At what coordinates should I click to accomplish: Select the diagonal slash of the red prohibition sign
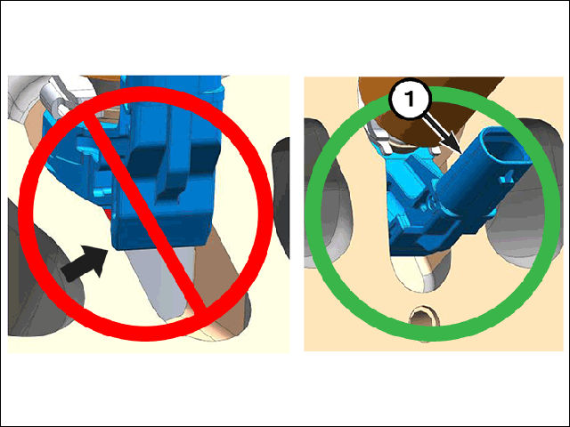tap(144, 213)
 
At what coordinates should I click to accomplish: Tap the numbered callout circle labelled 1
tap(410, 99)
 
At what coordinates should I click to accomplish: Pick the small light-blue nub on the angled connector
tap(507, 179)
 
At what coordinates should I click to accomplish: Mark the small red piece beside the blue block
tap(109, 213)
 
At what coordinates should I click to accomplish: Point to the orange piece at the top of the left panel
tap(101, 79)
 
